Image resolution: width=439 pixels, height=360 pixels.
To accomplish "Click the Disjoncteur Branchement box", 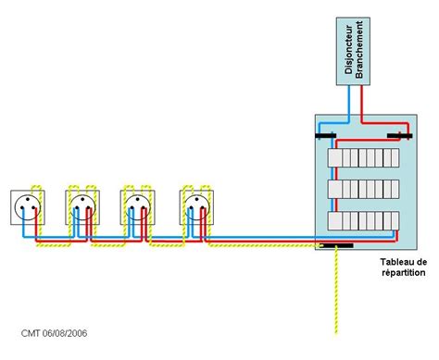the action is [x=353, y=51].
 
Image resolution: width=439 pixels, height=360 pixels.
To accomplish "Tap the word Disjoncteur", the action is [x=348, y=49].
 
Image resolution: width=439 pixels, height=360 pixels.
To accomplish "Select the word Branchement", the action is [x=359, y=49].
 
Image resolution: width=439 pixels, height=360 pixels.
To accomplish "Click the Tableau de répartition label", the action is [x=404, y=267].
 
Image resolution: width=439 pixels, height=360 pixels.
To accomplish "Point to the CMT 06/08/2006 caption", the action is [x=54, y=333].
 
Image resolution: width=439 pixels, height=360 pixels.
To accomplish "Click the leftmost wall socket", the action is [x=28, y=207].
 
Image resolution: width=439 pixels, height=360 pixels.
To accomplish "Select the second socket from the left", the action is [x=82, y=207].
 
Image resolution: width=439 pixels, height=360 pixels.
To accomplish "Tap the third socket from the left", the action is [x=137, y=207].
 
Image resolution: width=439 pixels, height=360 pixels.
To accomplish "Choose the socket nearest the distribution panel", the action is [x=196, y=207].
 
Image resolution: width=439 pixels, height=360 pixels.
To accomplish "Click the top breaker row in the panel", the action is [x=363, y=157].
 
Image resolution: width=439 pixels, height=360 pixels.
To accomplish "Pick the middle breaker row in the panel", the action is [x=363, y=189].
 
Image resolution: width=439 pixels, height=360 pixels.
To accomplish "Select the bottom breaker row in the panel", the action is [x=363, y=221].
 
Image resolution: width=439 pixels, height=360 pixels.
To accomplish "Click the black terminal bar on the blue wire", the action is [x=325, y=136].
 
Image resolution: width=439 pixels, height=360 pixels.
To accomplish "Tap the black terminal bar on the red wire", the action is [x=399, y=136].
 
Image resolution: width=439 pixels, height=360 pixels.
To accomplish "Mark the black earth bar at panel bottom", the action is [x=336, y=245].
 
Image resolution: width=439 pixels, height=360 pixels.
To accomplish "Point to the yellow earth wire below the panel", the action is [x=336, y=291].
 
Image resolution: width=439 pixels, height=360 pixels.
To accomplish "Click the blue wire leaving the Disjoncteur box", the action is [x=349, y=104].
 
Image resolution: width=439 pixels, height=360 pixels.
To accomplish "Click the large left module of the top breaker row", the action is [x=334, y=157].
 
